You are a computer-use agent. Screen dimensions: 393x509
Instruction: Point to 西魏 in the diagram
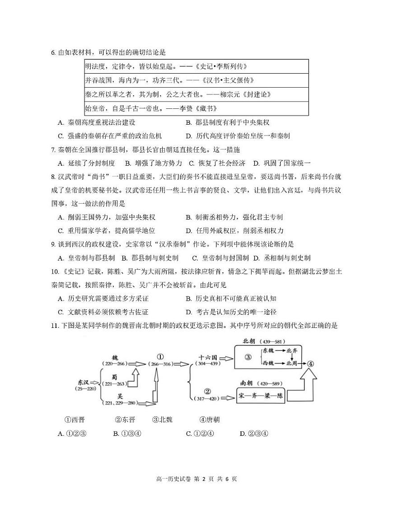tap(268, 363)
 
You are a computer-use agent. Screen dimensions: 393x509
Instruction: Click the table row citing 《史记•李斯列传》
tap(196, 66)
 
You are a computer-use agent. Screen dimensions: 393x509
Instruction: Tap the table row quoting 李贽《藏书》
tap(196, 108)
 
